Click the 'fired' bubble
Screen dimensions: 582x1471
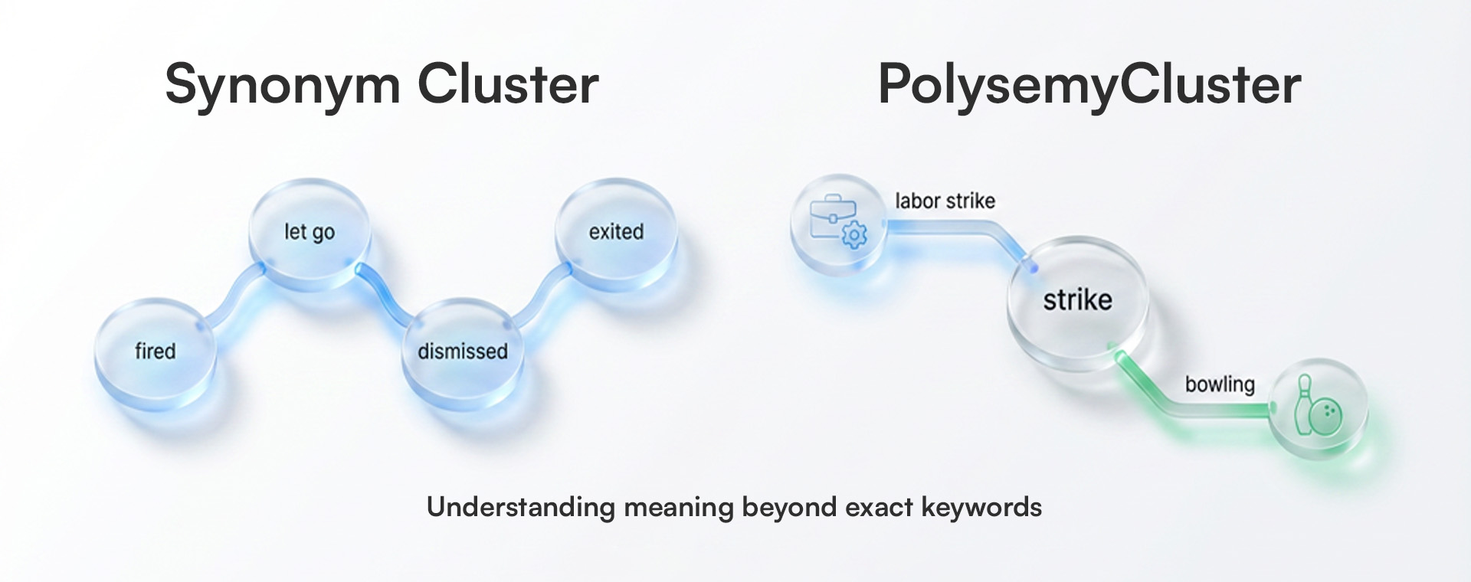point(156,351)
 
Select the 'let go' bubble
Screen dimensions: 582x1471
point(310,231)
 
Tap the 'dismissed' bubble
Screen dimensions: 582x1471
point(462,351)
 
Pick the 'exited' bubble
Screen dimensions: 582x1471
point(616,231)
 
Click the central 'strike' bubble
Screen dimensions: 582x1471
point(1077,299)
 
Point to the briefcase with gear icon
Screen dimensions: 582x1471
point(837,221)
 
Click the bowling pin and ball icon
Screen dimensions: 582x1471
point(1318,408)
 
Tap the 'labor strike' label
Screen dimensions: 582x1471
point(945,201)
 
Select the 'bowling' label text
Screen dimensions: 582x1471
point(1220,384)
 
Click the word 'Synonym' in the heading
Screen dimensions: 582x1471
point(282,84)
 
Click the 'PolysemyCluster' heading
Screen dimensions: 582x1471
point(1089,84)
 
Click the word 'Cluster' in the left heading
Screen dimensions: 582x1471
point(507,84)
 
